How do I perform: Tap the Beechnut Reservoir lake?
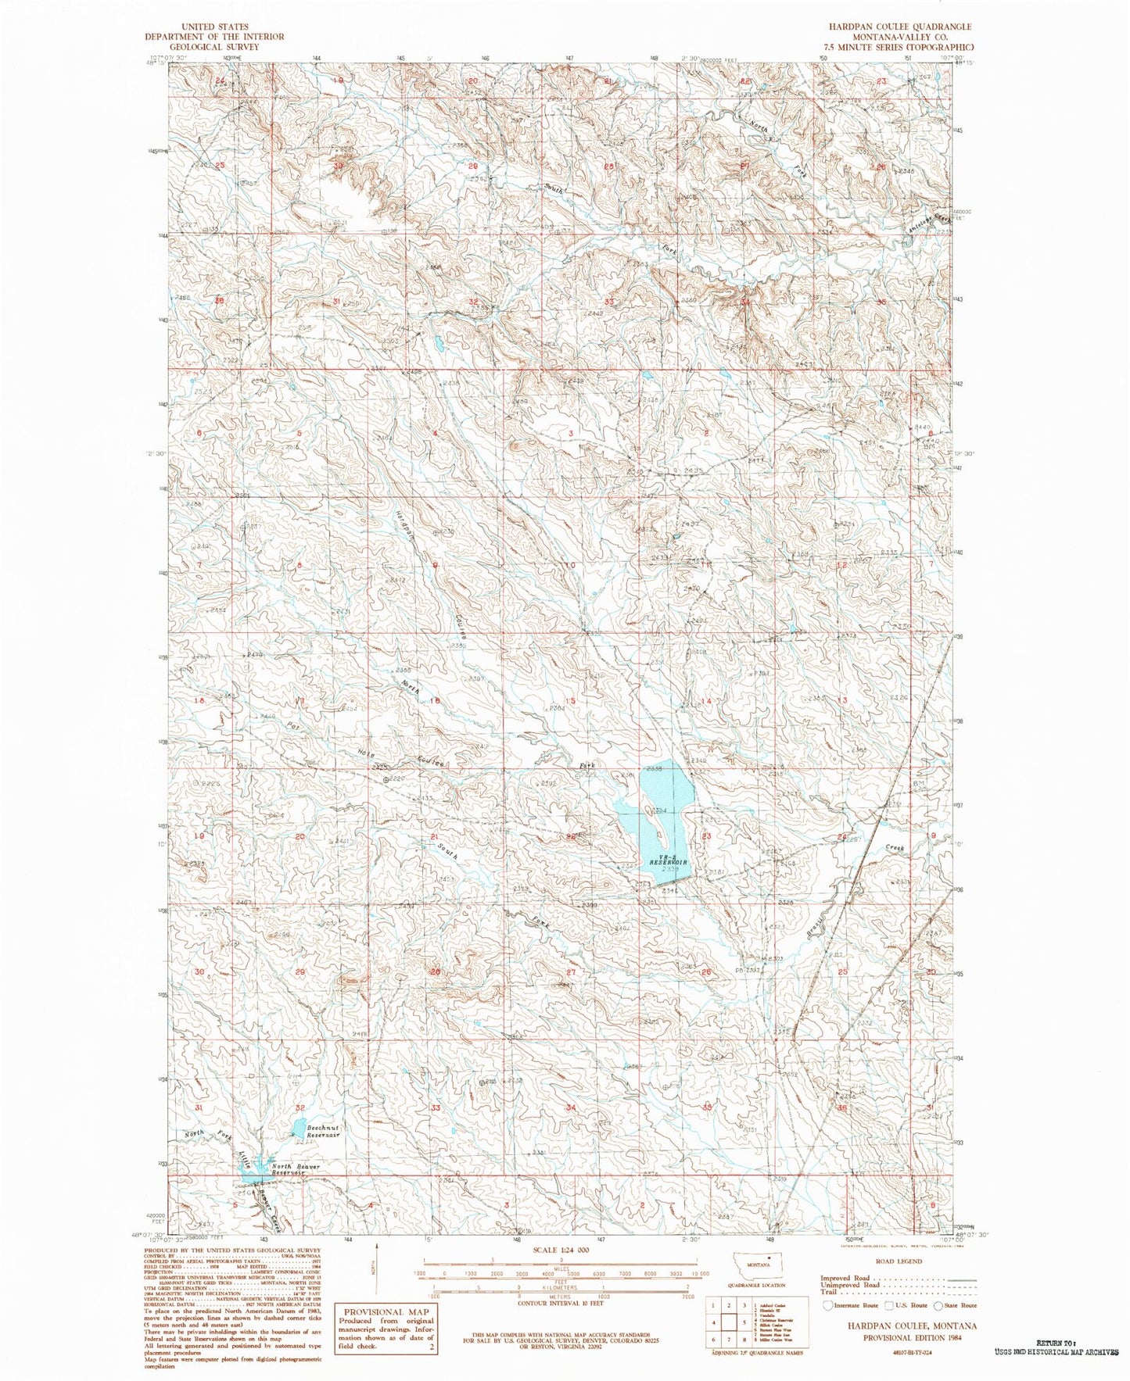point(298,1128)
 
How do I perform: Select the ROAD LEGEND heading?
point(899,1261)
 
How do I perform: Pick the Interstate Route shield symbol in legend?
point(828,1305)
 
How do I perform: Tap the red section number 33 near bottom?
point(435,1108)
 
